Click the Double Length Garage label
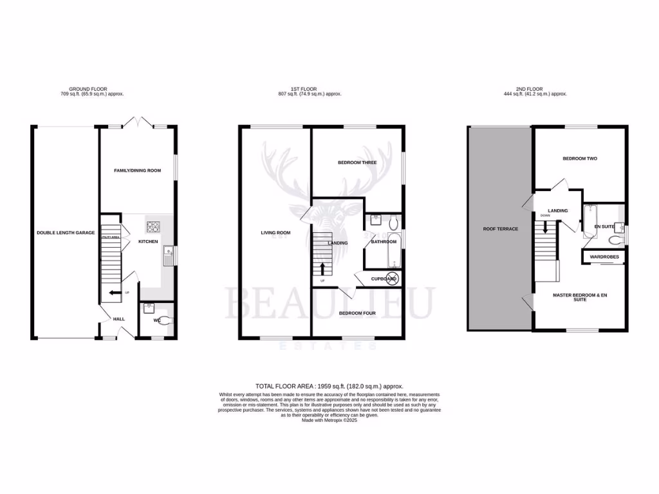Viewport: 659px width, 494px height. [66, 233]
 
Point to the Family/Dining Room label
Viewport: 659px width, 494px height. [137, 170]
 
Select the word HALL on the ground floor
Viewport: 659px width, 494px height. [119, 318]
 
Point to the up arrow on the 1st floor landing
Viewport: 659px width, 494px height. [322, 268]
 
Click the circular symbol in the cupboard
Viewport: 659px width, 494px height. [392, 279]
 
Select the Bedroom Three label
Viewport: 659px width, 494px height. [357, 163]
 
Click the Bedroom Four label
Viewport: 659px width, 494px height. [357, 313]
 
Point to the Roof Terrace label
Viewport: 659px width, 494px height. [501, 228]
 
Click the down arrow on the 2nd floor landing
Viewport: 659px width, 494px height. [545, 226]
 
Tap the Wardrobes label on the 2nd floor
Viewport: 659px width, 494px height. [604, 257]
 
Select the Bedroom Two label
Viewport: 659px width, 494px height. [580, 158]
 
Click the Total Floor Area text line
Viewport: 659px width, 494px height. [329, 386]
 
